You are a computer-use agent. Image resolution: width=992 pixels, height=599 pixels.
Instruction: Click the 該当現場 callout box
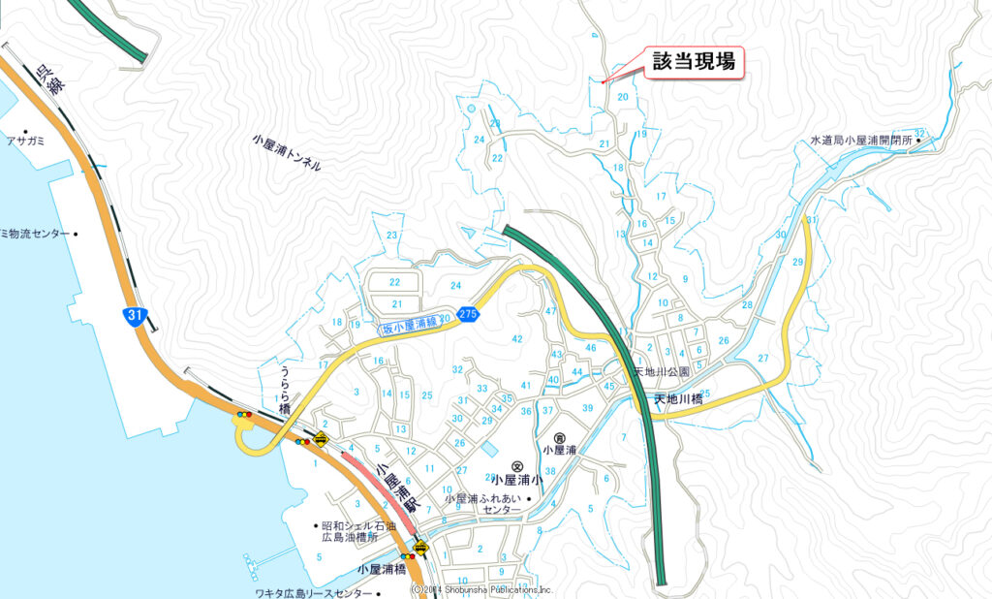(x=694, y=63)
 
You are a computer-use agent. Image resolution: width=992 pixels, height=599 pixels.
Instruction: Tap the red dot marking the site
(x=604, y=82)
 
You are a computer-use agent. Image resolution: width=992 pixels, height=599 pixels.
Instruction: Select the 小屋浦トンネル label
(x=286, y=152)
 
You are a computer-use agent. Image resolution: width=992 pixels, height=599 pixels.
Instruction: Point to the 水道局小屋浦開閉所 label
(x=861, y=141)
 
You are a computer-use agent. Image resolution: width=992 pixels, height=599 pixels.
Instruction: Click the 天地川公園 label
(x=662, y=372)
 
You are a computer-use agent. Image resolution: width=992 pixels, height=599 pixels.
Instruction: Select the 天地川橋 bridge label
(x=678, y=398)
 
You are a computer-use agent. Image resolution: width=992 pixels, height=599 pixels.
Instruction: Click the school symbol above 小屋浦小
(x=517, y=466)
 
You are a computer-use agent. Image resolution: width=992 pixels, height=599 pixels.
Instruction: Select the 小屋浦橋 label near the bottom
(x=381, y=570)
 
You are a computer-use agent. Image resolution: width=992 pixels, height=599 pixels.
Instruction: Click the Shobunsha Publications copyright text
(x=481, y=589)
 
